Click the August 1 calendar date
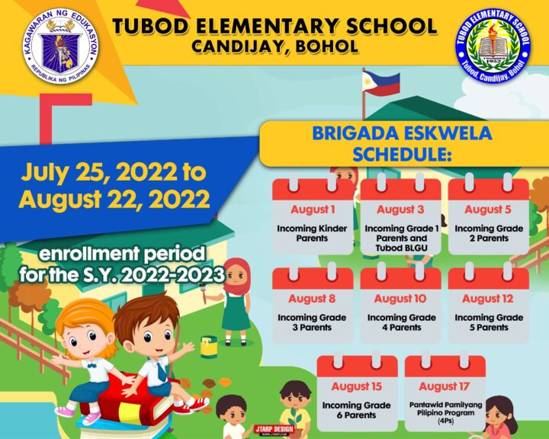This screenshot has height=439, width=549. [x=313, y=210]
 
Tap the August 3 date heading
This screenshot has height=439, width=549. [x=400, y=210]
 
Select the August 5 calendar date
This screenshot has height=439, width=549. [x=488, y=210]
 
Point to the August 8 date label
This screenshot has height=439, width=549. [x=313, y=299]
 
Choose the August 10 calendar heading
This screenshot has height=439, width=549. [x=400, y=299]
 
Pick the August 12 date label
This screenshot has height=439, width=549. [x=488, y=299]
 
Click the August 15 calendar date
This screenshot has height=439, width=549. [x=356, y=386]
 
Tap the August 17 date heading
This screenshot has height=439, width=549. [x=444, y=386]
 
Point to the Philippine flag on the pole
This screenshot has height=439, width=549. [x=380, y=81]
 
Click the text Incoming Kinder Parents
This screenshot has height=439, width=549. [x=313, y=233]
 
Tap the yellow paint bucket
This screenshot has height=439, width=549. [x=209, y=347]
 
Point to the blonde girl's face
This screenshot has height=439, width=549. [x=82, y=332]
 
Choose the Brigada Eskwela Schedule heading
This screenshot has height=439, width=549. [x=402, y=144]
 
